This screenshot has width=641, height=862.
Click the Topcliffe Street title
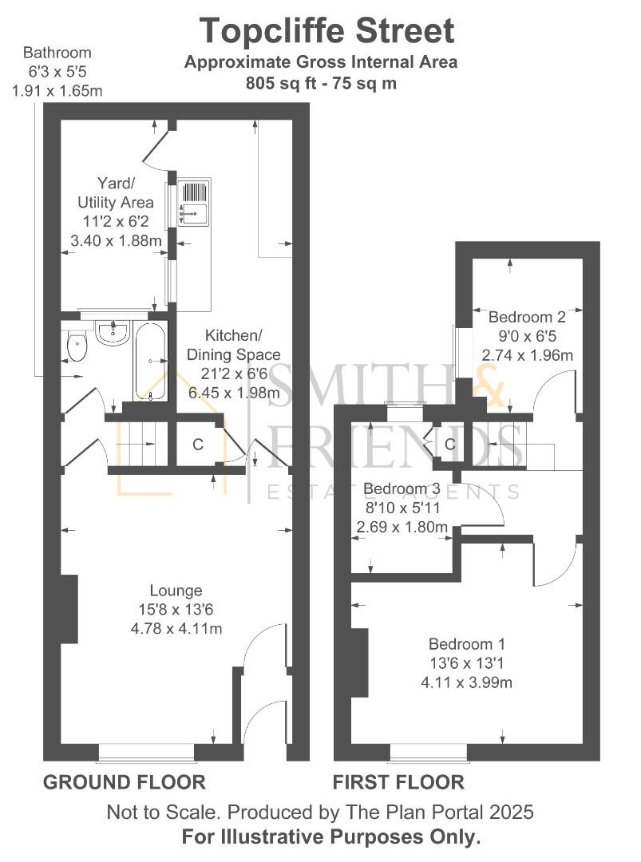point(326,30)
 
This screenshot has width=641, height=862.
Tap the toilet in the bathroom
point(77,346)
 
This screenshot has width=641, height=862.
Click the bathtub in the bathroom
point(150,362)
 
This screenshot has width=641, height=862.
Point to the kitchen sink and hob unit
point(195,202)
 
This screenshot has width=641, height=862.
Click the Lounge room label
point(176,591)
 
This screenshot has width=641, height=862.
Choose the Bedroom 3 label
point(402,488)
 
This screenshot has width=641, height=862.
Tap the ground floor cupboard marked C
point(197,445)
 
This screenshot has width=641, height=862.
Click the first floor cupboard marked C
point(449,444)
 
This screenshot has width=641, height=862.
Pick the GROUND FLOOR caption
point(124,781)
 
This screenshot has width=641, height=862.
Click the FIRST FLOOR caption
point(398,781)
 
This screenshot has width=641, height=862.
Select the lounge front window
point(147,751)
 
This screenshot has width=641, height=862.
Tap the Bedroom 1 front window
point(429,751)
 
